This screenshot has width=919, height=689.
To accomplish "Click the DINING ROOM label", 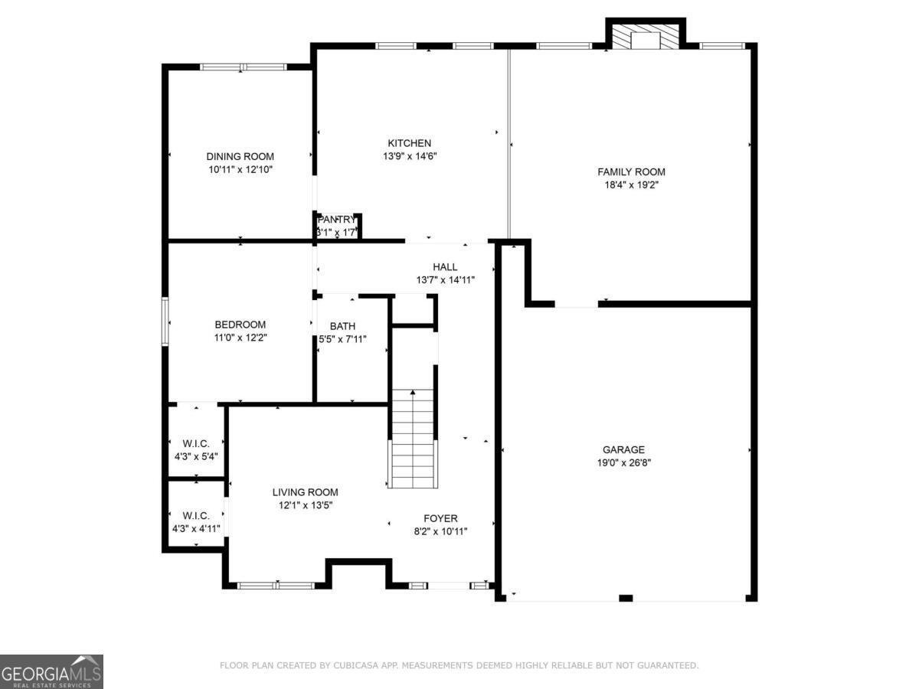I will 240,157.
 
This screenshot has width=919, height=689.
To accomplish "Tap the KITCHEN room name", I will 409,143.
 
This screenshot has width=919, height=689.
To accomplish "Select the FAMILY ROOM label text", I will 631,172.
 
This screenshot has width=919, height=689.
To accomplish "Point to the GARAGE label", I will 623,450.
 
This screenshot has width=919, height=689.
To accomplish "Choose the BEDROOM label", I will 240,325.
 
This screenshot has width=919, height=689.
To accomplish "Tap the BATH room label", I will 342,326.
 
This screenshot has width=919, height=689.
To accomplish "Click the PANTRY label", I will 337,220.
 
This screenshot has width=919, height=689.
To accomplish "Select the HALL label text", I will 445,267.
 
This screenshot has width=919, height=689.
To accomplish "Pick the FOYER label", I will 440,518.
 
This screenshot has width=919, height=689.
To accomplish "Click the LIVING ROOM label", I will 305,492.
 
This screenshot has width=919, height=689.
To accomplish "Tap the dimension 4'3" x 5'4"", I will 196,456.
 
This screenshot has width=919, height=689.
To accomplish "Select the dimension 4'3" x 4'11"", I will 196,528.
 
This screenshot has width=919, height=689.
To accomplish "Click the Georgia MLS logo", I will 51,671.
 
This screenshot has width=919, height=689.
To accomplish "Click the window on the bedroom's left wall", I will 165,322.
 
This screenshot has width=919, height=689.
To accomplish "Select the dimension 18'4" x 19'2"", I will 631,184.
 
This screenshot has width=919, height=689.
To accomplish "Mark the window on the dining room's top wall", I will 243,67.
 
